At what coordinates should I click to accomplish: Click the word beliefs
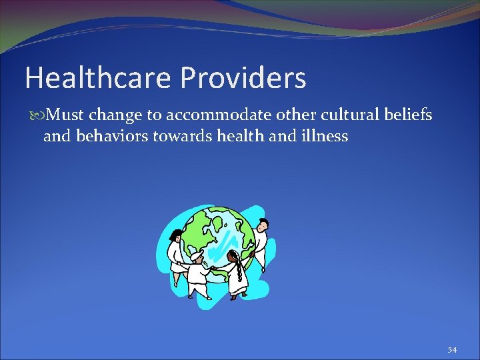pyautogui.click(x=409, y=115)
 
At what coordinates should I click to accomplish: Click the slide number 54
pyautogui.click(x=452, y=349)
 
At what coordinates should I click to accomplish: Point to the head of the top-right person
pyautogui.click(x=262, y=224)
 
